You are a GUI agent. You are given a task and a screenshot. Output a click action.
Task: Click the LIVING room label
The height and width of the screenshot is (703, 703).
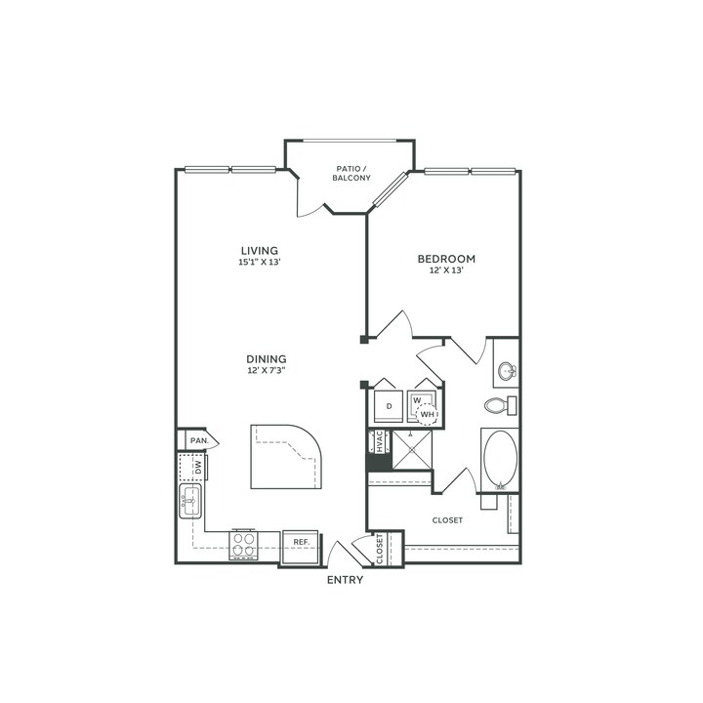(x=259, y=251)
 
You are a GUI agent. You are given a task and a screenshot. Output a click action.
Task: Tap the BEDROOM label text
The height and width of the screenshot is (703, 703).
(x=446, y=259)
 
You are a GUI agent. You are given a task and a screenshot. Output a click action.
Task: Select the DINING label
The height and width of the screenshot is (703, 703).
(x=267, y=359)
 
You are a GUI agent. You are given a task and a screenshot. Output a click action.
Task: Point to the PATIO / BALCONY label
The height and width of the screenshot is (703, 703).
(x=351, y=173)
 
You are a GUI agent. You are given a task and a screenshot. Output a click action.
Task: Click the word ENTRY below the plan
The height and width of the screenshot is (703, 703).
(x=345, y=580)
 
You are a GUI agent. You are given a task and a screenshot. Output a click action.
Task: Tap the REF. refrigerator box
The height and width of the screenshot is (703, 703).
(x=302, y=547)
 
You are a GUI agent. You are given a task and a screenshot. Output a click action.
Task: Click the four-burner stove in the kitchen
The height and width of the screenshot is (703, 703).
(x=244, y=544)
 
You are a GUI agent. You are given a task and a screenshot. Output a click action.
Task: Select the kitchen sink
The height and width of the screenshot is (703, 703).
(x=190, y=501)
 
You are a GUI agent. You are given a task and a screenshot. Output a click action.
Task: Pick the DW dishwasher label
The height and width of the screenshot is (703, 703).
(x=198, y=468)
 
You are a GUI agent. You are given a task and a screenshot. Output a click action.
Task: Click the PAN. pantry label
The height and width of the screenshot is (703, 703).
(x=199, y=440)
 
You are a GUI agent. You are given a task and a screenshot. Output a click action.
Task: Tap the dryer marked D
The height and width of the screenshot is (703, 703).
(x=389, y=406)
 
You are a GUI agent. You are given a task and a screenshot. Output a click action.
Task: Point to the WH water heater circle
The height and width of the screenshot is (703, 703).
(x=427, y=414)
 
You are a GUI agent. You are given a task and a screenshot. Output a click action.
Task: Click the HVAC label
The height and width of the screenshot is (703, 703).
(x=379, y=441)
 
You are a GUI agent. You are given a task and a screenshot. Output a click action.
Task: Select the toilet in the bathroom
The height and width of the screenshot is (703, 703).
(x=500, y=406)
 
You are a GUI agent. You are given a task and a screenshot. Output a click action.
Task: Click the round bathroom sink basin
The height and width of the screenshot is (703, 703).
(x=507, y=371)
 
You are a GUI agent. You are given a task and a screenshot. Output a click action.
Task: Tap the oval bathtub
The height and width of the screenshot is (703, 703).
(x=500, y=459)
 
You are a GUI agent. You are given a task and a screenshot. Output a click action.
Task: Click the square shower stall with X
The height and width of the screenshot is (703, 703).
(x=412, y=450)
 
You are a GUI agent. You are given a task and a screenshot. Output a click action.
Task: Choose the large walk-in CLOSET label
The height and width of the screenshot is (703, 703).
(x=447, y=520)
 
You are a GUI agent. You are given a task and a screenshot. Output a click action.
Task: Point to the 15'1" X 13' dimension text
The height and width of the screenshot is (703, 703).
(x=259, y=263)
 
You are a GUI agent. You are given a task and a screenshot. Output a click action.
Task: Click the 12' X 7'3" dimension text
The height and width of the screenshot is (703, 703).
(x=267, y=371)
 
